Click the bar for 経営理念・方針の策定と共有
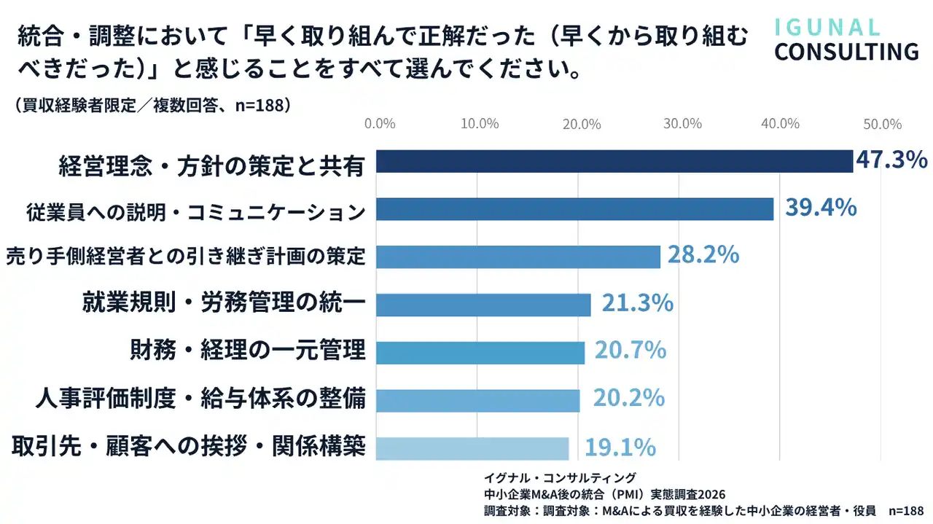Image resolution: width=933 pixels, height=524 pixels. coord(614,161)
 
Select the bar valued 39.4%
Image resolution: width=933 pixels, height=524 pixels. coord(574,209)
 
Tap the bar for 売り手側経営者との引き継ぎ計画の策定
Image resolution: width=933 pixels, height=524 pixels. coord(518,257)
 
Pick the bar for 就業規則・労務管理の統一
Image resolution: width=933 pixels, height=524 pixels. coord(483,305)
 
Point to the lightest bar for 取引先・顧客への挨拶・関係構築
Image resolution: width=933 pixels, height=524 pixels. coord(472,448)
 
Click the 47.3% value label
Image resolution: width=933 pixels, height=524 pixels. coord(891,160)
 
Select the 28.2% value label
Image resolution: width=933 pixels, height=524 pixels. coord(703,255)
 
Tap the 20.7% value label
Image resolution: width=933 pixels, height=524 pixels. coord(631,351)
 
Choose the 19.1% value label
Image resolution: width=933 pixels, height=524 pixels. coord(620,446)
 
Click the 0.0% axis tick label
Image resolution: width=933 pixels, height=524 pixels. coord(379,124)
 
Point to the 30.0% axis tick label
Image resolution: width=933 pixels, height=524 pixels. coord(682,124)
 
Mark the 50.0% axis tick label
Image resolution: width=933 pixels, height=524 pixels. coord(883,124)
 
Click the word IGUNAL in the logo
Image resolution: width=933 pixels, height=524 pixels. coord(827,28)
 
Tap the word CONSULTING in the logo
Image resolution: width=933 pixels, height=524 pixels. coord(846,52)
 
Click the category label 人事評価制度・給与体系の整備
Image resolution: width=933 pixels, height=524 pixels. coord(200,399)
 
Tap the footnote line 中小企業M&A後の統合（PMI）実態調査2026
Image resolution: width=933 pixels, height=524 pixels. coord(606,494)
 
